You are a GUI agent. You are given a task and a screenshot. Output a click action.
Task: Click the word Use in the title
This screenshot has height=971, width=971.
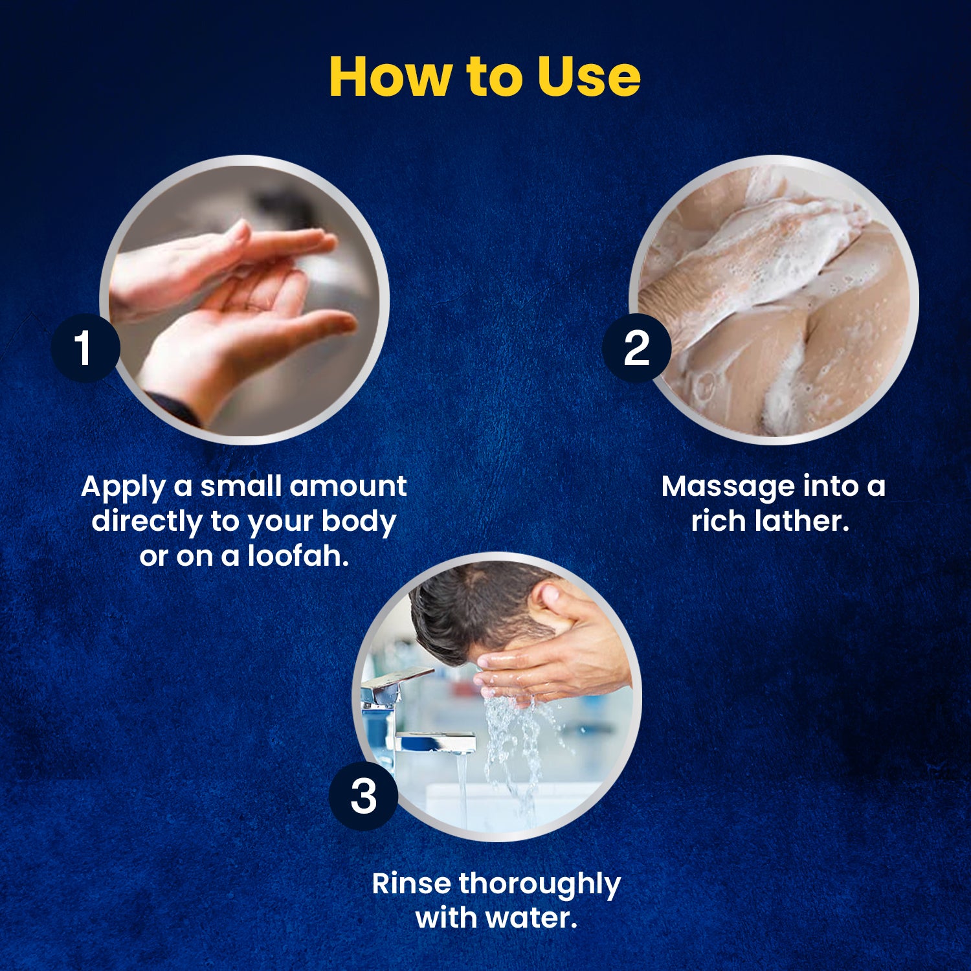(589, 76)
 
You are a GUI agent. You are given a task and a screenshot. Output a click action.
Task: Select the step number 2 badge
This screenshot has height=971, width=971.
(636, 348)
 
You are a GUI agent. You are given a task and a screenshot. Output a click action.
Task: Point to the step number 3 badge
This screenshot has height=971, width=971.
(363, 796)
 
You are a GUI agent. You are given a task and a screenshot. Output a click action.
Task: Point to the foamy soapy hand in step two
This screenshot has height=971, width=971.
(764, 259)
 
